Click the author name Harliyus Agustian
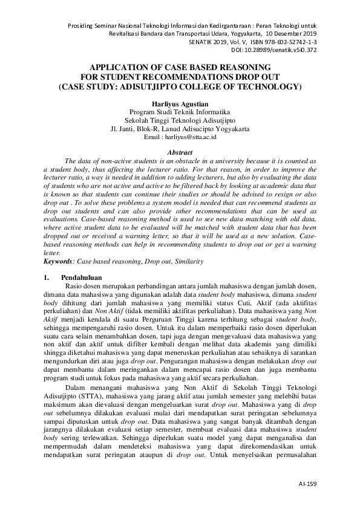click(x=179, y=103)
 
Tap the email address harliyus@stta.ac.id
click(x=189, y=137)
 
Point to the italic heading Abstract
click(x=179, y=154)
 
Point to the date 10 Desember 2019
click(x=291, y=34)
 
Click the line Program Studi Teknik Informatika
click(x=179, y=112)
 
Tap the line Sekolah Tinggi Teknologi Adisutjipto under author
click(x=179, y=120)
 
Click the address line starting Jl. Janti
click(x=179, y=129)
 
